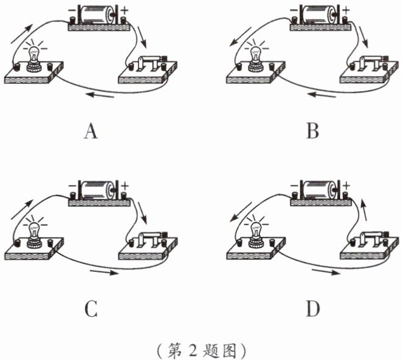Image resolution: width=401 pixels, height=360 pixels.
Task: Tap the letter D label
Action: pos(313,310)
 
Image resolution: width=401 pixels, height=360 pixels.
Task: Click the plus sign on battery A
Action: pos(126,10)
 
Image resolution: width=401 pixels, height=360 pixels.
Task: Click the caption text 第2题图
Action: pos(200,350)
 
